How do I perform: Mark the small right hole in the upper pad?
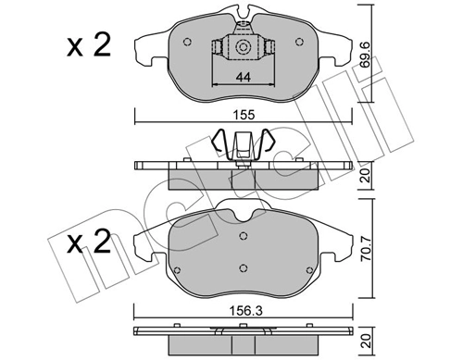coord(297,41)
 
